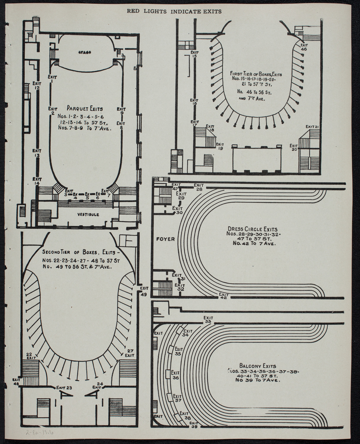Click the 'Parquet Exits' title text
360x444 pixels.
pyautogui.click(x=85, y=108)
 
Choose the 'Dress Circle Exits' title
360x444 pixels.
pyautogui.click(x=252, y=229)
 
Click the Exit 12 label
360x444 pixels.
pyautogui.click(x=37, y=85)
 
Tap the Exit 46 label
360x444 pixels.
pyautogui.click(x=304, y=47)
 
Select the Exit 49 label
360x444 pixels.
pyautogui.click(x=144, y=290)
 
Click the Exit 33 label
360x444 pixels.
pyautogui.click(x=208, y=320)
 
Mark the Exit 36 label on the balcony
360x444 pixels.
pyautogui.click(x=176, y=375)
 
